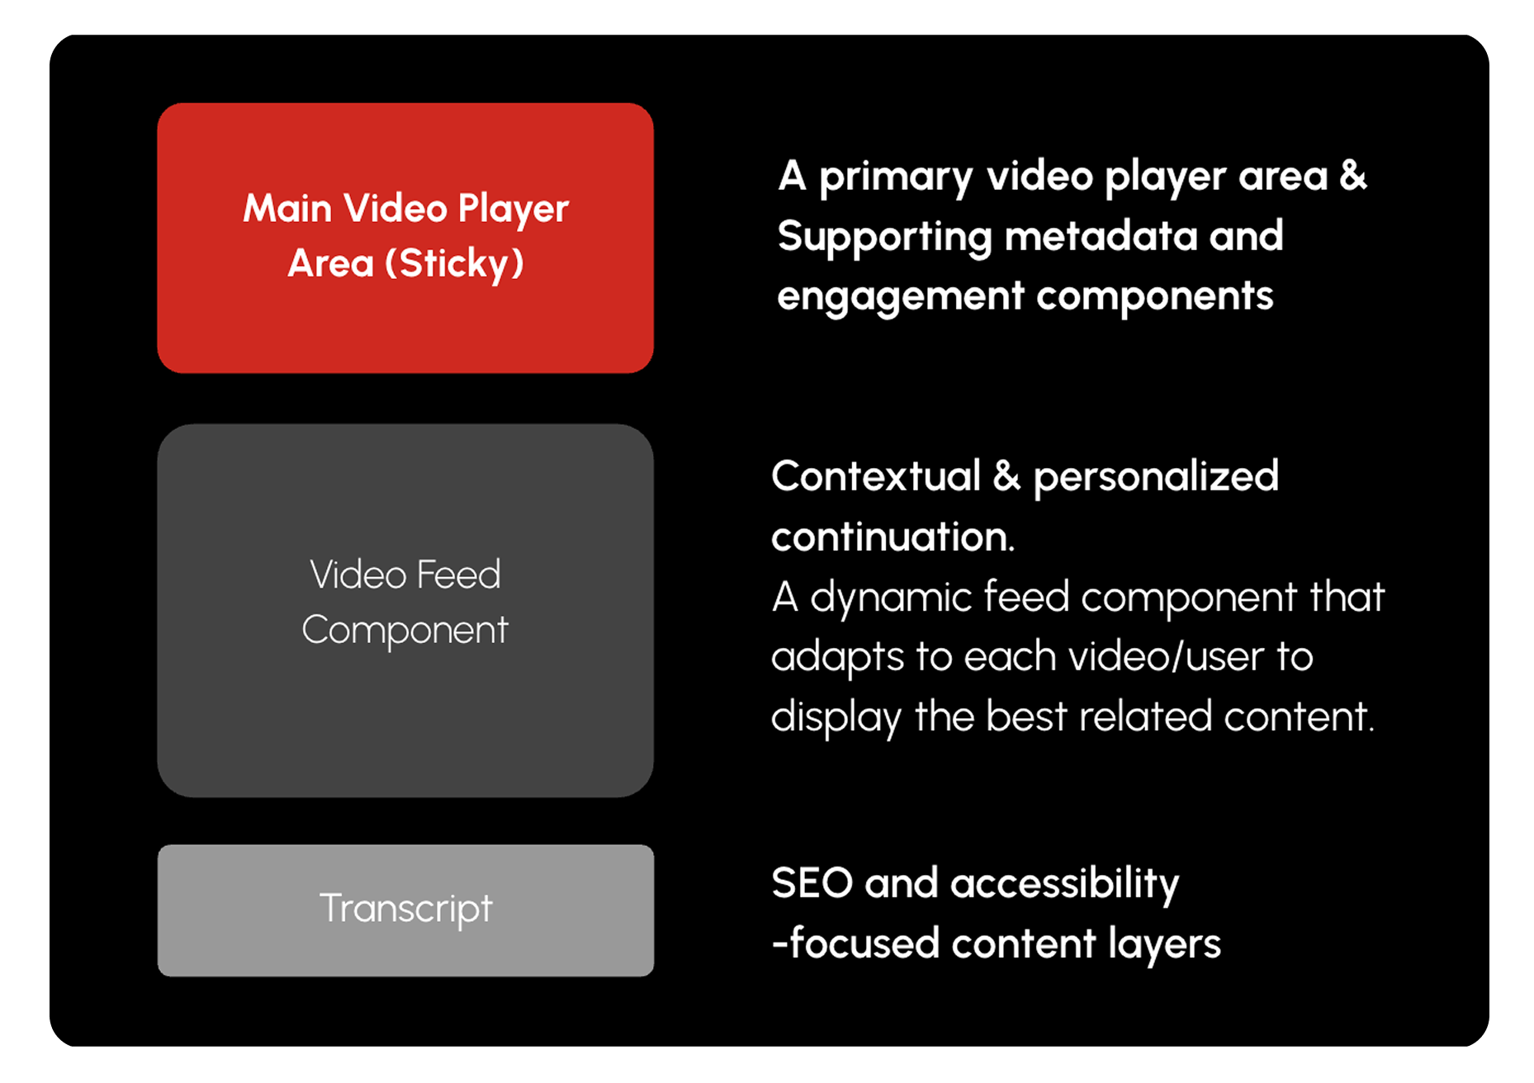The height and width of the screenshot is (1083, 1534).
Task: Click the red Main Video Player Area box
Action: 405,238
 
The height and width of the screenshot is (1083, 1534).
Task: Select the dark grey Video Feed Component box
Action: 405,610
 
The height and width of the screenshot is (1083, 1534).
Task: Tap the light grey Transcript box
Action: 405,910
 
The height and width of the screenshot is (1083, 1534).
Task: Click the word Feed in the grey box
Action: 458,575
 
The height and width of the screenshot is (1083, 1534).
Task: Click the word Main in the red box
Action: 287,208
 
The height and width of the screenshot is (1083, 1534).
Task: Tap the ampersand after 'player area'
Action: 1352,176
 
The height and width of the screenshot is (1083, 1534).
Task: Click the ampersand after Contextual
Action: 1006,476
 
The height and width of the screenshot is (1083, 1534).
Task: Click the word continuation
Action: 892,537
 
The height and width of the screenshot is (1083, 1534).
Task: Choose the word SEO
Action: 812,883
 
